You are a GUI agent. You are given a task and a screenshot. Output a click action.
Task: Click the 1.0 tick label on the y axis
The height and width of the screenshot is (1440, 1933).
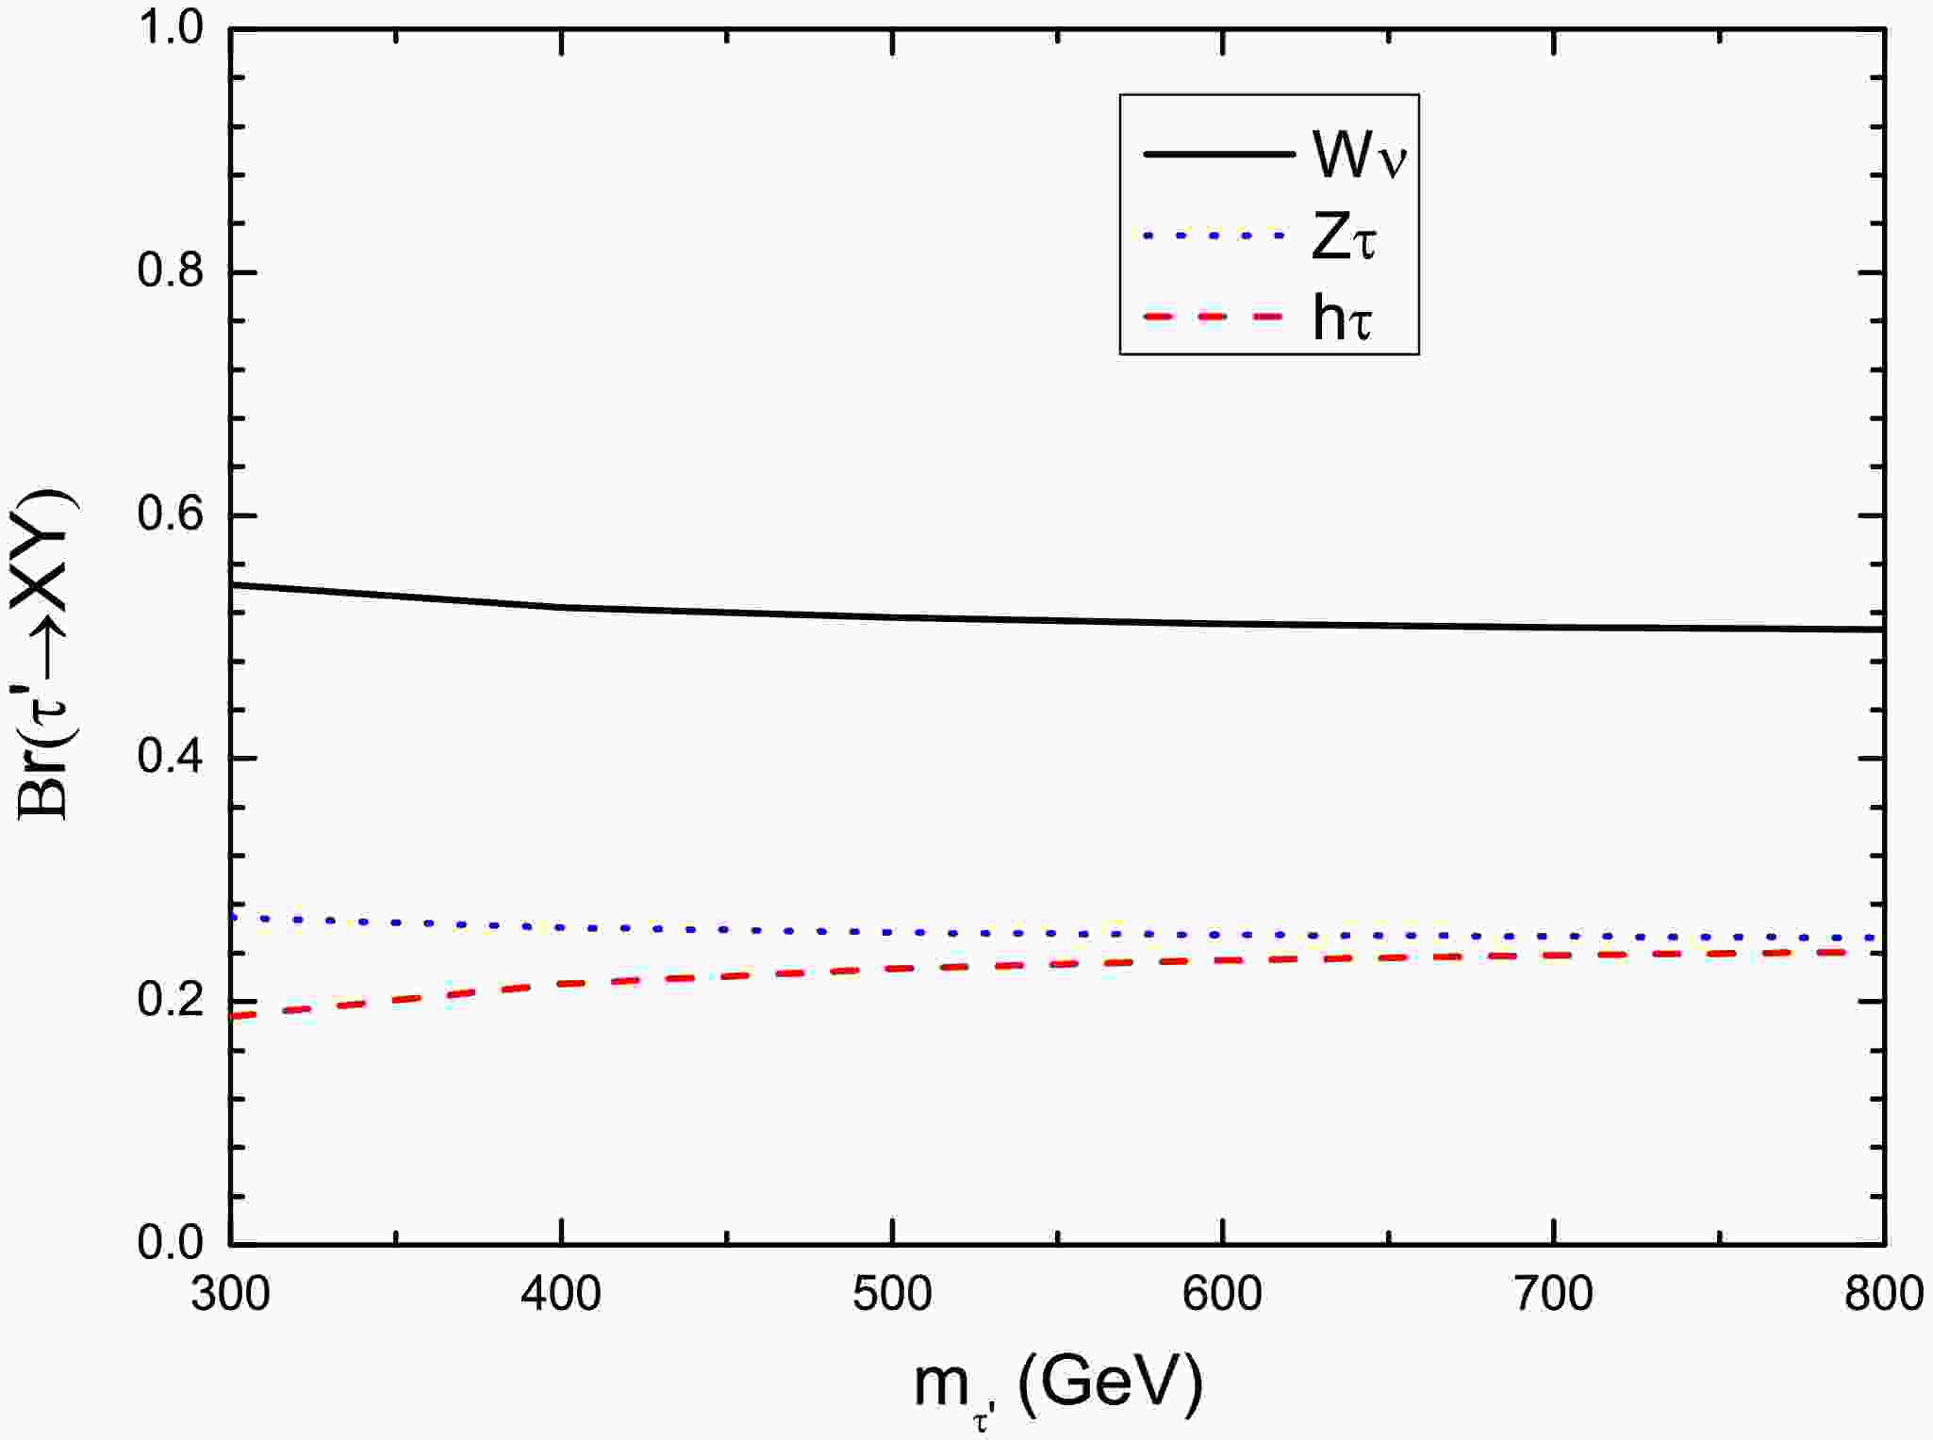[x=171, y=29]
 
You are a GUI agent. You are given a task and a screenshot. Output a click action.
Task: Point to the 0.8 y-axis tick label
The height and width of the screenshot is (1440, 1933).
[x=171, y=272]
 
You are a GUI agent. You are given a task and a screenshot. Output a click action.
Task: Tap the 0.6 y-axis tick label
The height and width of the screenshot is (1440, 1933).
[x=171, y=515]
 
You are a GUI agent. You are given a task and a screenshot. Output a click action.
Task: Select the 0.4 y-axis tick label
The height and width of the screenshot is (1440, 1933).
[x=171, y=758]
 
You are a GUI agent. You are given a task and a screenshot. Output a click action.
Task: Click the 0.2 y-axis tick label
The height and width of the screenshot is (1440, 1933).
[x=171, y=1001]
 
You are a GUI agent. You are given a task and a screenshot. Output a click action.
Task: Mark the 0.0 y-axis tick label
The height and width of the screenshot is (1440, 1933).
[x=171, y=1243]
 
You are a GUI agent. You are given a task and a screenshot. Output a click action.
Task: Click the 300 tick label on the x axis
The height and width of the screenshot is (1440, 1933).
[x=231, y=1294]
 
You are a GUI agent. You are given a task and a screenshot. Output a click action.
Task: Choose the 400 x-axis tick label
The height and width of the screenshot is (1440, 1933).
[x=562, y=1294]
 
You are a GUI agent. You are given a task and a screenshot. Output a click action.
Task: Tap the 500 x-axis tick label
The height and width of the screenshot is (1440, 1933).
[x=892, y=1294]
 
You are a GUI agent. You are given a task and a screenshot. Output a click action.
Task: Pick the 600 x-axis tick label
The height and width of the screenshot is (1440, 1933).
[x=1223, y=1294]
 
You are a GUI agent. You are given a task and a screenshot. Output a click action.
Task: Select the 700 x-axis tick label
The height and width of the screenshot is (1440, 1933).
[x=1554, y=1294]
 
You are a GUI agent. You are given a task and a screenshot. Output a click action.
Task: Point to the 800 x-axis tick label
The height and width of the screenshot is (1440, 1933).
[x=1883, y=1294]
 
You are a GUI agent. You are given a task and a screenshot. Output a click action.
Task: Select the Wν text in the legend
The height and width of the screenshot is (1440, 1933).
[x=1359, y=155]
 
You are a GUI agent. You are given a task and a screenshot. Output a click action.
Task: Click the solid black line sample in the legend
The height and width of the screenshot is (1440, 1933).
[x=1218, y=155]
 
